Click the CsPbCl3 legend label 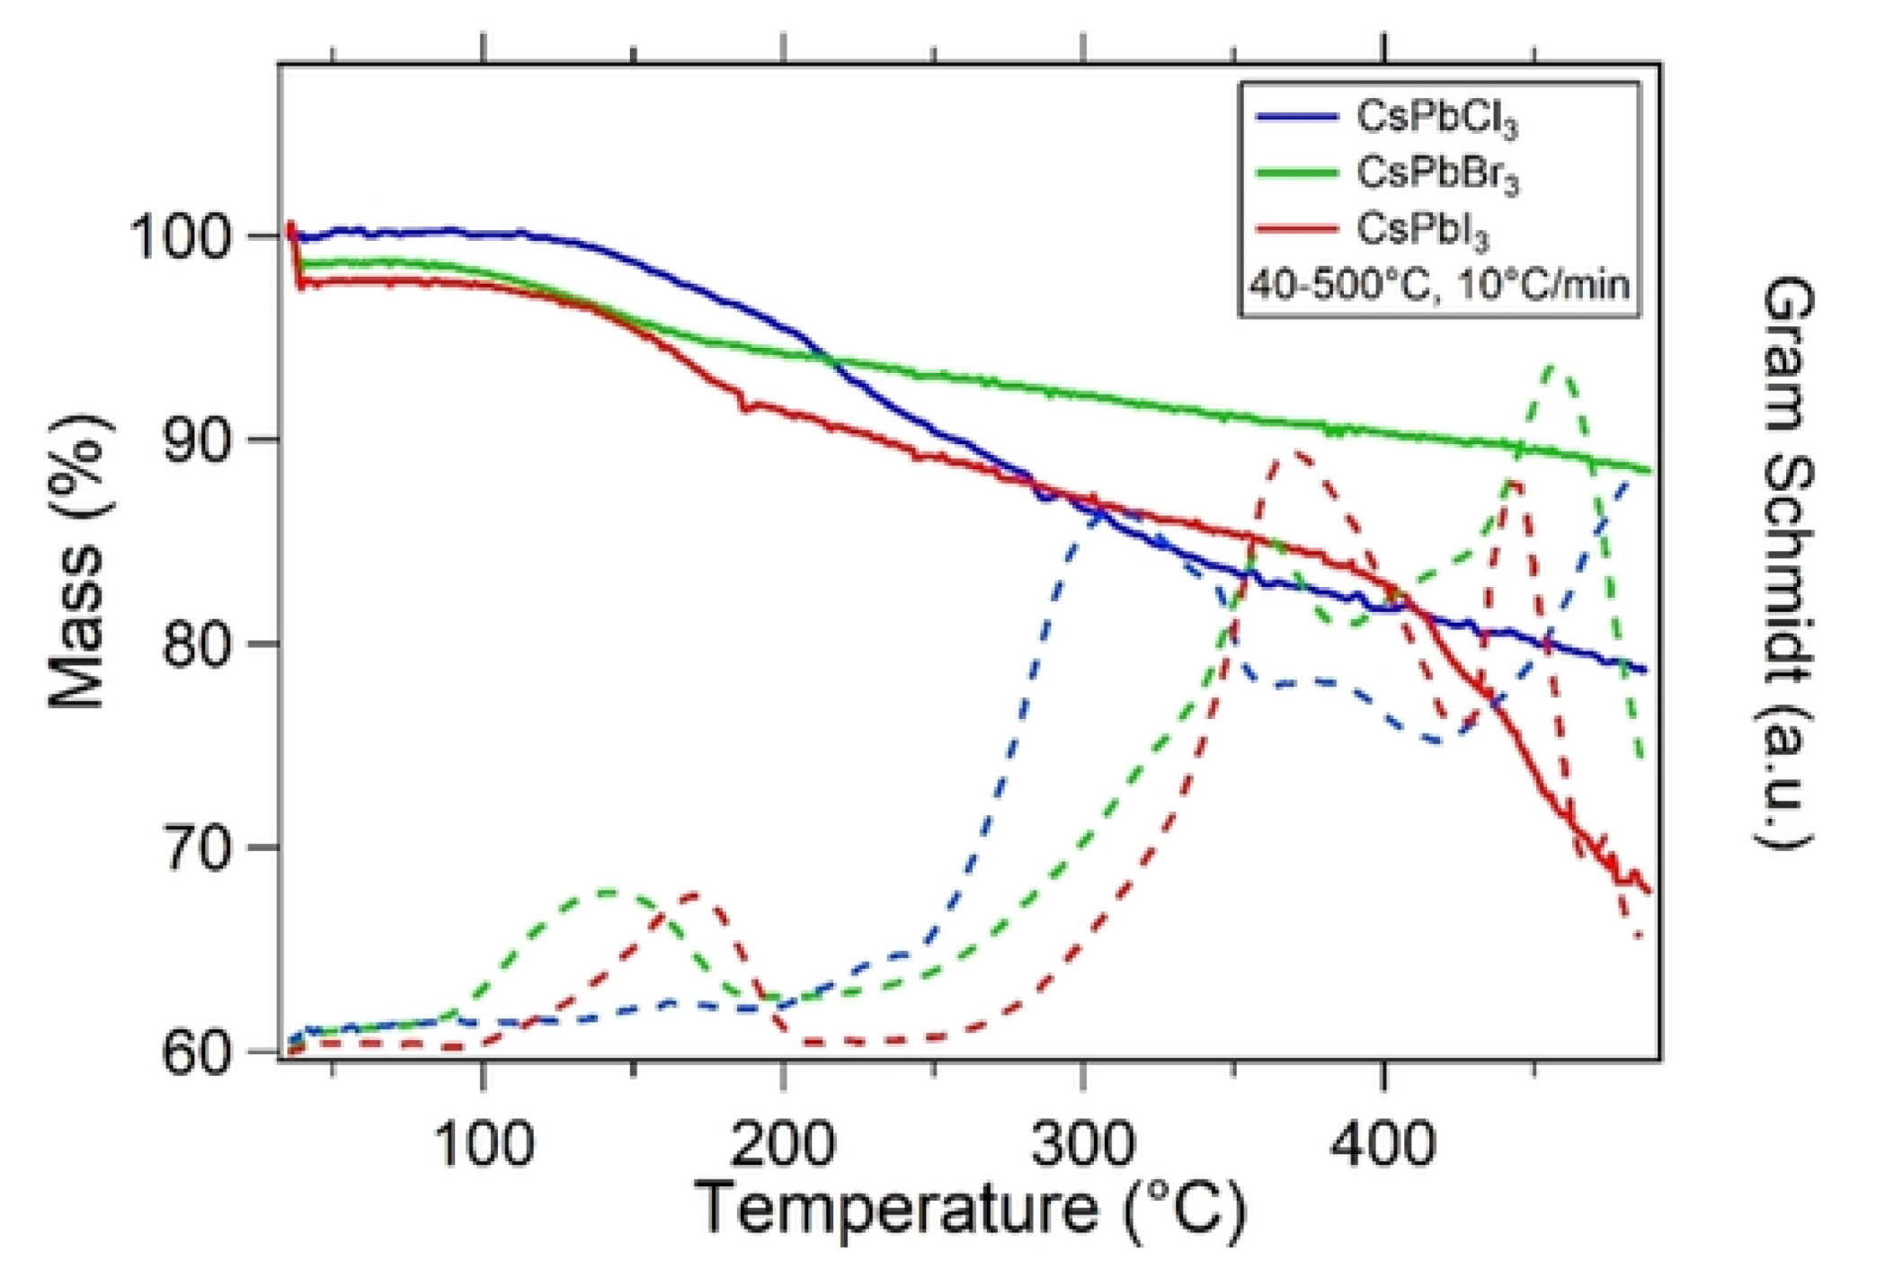1436,119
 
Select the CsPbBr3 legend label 1436,173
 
